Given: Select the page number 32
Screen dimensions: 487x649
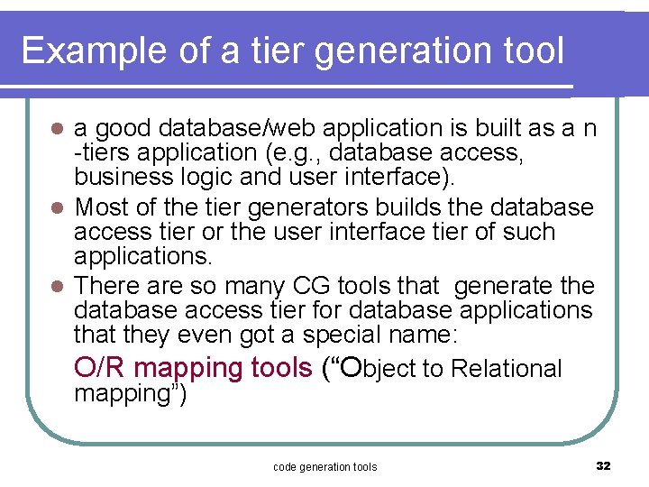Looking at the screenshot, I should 603,466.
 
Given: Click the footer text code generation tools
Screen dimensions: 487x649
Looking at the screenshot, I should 324,466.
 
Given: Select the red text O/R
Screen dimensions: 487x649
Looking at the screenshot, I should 100,368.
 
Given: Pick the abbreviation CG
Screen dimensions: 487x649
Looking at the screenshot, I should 313,287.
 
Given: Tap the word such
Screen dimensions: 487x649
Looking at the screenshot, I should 528,232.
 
